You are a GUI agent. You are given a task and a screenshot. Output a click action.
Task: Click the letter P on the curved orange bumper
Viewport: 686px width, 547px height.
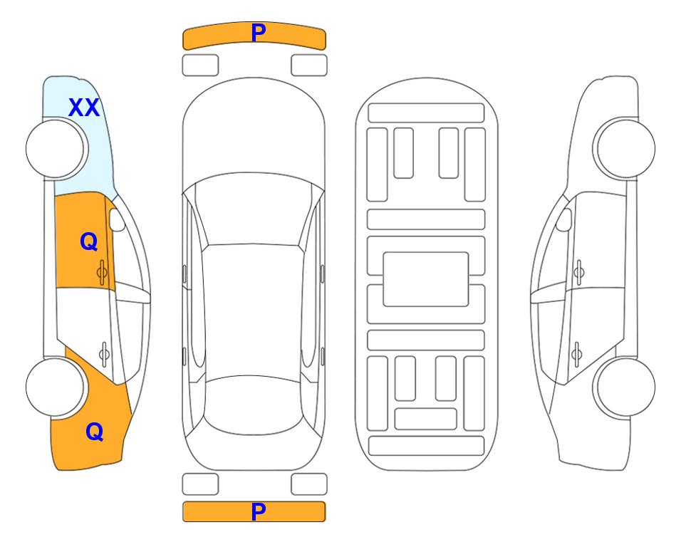coord(258,32)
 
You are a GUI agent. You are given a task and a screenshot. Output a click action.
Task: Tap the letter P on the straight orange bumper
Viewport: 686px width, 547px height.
coord(258,511)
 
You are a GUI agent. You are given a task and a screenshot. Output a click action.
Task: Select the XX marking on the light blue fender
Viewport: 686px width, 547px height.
coord(84,108)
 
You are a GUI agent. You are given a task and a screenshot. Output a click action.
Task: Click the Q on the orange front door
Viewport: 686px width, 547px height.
coord(89,241)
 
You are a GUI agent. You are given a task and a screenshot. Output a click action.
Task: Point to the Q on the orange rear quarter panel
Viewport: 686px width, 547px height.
coord(95,432)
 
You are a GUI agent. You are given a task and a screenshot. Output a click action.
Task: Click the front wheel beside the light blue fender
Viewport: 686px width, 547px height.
coord(55,149)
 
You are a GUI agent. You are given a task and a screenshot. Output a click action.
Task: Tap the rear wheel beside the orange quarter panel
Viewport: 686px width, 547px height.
coord(55,387)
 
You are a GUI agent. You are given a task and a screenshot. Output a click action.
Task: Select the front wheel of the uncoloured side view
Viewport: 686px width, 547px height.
coord(625,148)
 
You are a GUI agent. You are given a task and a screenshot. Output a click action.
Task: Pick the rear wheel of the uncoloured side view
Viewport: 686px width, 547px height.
coord(625,387)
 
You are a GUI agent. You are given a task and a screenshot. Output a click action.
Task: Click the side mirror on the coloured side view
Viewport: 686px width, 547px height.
coord(117,219)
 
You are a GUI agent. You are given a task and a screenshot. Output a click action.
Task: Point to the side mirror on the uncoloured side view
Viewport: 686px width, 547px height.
coord(564,219)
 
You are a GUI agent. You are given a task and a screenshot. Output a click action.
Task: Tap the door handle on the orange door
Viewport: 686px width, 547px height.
coord(103,272)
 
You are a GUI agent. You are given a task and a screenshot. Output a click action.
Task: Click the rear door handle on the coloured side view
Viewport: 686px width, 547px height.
coord(104,353)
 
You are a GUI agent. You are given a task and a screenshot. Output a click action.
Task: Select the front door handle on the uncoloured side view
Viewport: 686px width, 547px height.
coord(578,272)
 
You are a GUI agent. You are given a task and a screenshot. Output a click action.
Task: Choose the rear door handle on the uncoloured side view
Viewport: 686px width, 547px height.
coord(576,353)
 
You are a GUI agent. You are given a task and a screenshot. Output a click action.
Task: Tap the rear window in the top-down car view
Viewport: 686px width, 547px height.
coord(254,405)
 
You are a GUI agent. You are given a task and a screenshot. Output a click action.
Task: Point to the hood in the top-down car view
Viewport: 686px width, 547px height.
coord(254,131)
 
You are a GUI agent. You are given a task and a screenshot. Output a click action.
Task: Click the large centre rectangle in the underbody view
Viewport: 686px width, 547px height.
coord(426,279)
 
